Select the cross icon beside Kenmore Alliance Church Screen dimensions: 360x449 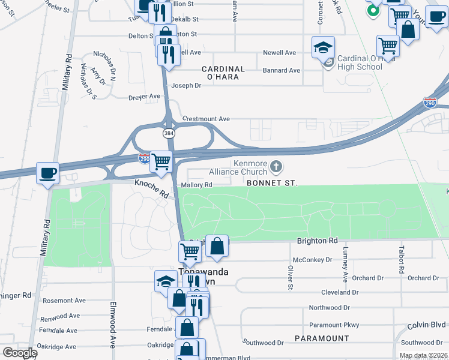click(x=276, y=166)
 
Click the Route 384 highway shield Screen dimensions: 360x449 click(x=169, y=132)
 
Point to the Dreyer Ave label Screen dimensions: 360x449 click(x=145, y=96)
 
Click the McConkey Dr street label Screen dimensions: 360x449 click(x=312, y=260)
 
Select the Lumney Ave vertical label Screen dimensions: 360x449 click(x=345, y=264)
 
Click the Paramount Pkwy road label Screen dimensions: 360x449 click(x=334, y=325)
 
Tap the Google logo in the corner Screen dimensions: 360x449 click(x=20, y=353)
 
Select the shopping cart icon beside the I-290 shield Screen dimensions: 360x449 click(x=161, y=161)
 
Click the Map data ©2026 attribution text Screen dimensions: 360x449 click(x=423, y=355)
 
